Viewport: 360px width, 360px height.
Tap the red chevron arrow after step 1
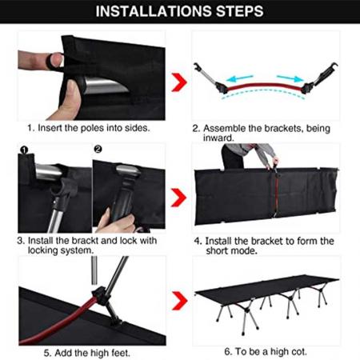[x=180, y=81]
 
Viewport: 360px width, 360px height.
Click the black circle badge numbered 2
[x=98, y=149]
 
